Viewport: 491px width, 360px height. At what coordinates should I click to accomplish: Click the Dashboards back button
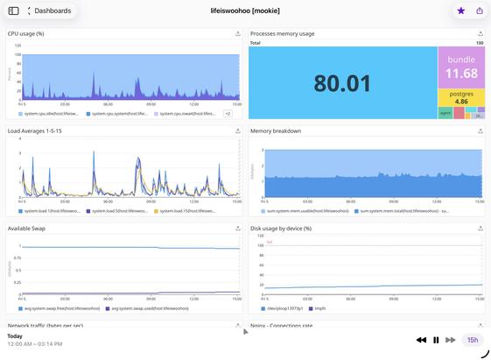tap(50, 11)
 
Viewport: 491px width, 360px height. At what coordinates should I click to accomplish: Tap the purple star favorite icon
tap(460, 11)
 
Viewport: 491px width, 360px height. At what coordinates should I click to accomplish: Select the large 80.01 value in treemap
tap(343, 83)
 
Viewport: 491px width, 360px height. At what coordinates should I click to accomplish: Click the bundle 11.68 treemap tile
tap(461, 67)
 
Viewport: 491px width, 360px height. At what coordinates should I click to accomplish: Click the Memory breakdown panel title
tap(276, 131)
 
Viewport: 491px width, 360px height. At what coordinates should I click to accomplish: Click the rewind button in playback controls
tap(421, 340)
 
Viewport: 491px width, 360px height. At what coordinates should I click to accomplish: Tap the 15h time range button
tap(473, 340)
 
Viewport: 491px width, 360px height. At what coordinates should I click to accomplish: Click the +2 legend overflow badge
tap(227, 113)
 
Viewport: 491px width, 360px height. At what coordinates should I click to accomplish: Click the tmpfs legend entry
tap(319, 308)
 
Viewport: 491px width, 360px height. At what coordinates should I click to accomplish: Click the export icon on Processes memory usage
tap(480, 34)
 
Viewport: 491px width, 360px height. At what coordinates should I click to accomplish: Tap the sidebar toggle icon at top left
tap(13, 11)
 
